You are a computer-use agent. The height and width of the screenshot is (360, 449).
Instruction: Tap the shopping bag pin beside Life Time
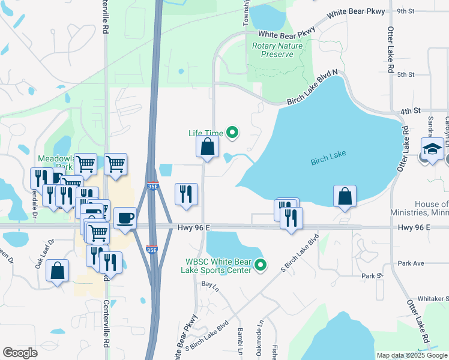207,146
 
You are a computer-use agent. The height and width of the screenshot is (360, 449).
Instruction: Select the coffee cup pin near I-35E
125,218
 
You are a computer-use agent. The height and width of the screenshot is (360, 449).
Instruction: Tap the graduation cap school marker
432,150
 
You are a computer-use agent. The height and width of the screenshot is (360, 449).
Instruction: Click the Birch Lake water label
328,161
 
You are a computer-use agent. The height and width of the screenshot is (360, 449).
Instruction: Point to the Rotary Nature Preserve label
273,50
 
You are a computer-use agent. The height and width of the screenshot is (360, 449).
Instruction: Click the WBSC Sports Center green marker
261,265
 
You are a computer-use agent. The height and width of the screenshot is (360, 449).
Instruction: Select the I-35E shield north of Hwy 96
152,187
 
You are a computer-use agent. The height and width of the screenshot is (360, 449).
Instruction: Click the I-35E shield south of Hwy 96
152,249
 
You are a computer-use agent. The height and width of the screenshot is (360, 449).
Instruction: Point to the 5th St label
406,74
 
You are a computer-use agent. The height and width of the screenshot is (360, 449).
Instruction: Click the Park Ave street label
411,263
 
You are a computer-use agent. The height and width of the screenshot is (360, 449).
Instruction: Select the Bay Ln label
208,283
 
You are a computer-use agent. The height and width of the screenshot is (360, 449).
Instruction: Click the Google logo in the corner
20,353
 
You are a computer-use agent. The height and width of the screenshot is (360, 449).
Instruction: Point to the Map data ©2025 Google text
411,355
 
